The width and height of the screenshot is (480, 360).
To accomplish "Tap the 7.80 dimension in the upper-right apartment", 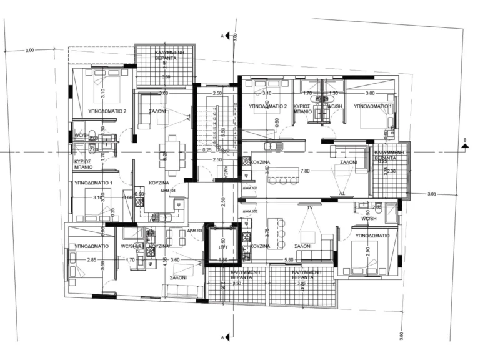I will [x=305, y=170].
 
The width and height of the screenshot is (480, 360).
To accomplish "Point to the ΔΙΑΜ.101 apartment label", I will [x=250, y=188].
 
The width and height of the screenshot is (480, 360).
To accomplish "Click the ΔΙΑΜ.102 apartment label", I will [x=250, y=212].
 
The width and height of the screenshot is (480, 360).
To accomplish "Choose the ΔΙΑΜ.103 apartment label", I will [x=195, y=231].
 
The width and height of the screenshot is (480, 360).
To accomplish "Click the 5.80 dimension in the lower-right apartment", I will [x=289, y=259].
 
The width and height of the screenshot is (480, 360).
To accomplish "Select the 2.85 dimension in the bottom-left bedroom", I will [x=92, y=259].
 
